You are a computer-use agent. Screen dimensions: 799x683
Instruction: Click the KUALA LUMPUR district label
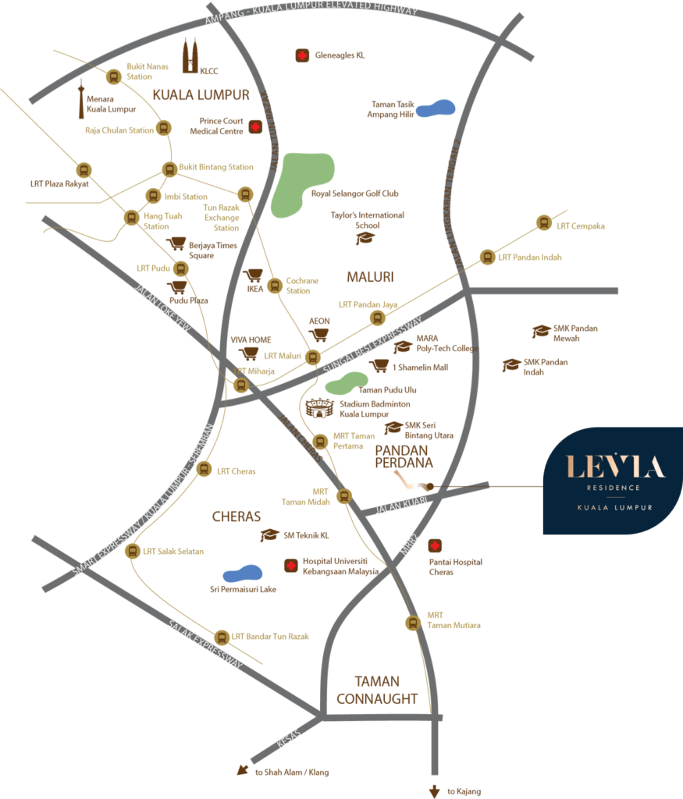201,95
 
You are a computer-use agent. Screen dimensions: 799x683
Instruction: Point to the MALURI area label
371,276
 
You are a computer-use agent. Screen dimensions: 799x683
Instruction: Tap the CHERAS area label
236,517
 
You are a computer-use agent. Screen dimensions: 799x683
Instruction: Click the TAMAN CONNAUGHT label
377,690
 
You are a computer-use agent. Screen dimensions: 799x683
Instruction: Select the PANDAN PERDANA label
404,456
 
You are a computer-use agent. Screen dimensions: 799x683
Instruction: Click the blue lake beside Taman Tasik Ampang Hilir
436,108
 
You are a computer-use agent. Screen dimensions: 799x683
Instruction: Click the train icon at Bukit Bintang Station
169,169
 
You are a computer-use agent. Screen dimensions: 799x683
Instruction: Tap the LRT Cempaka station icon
543,223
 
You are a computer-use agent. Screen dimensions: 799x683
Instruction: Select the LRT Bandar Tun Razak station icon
221,637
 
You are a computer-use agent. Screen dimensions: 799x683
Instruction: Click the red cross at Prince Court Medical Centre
254,126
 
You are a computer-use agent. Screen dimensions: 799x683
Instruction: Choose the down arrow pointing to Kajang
435,790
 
